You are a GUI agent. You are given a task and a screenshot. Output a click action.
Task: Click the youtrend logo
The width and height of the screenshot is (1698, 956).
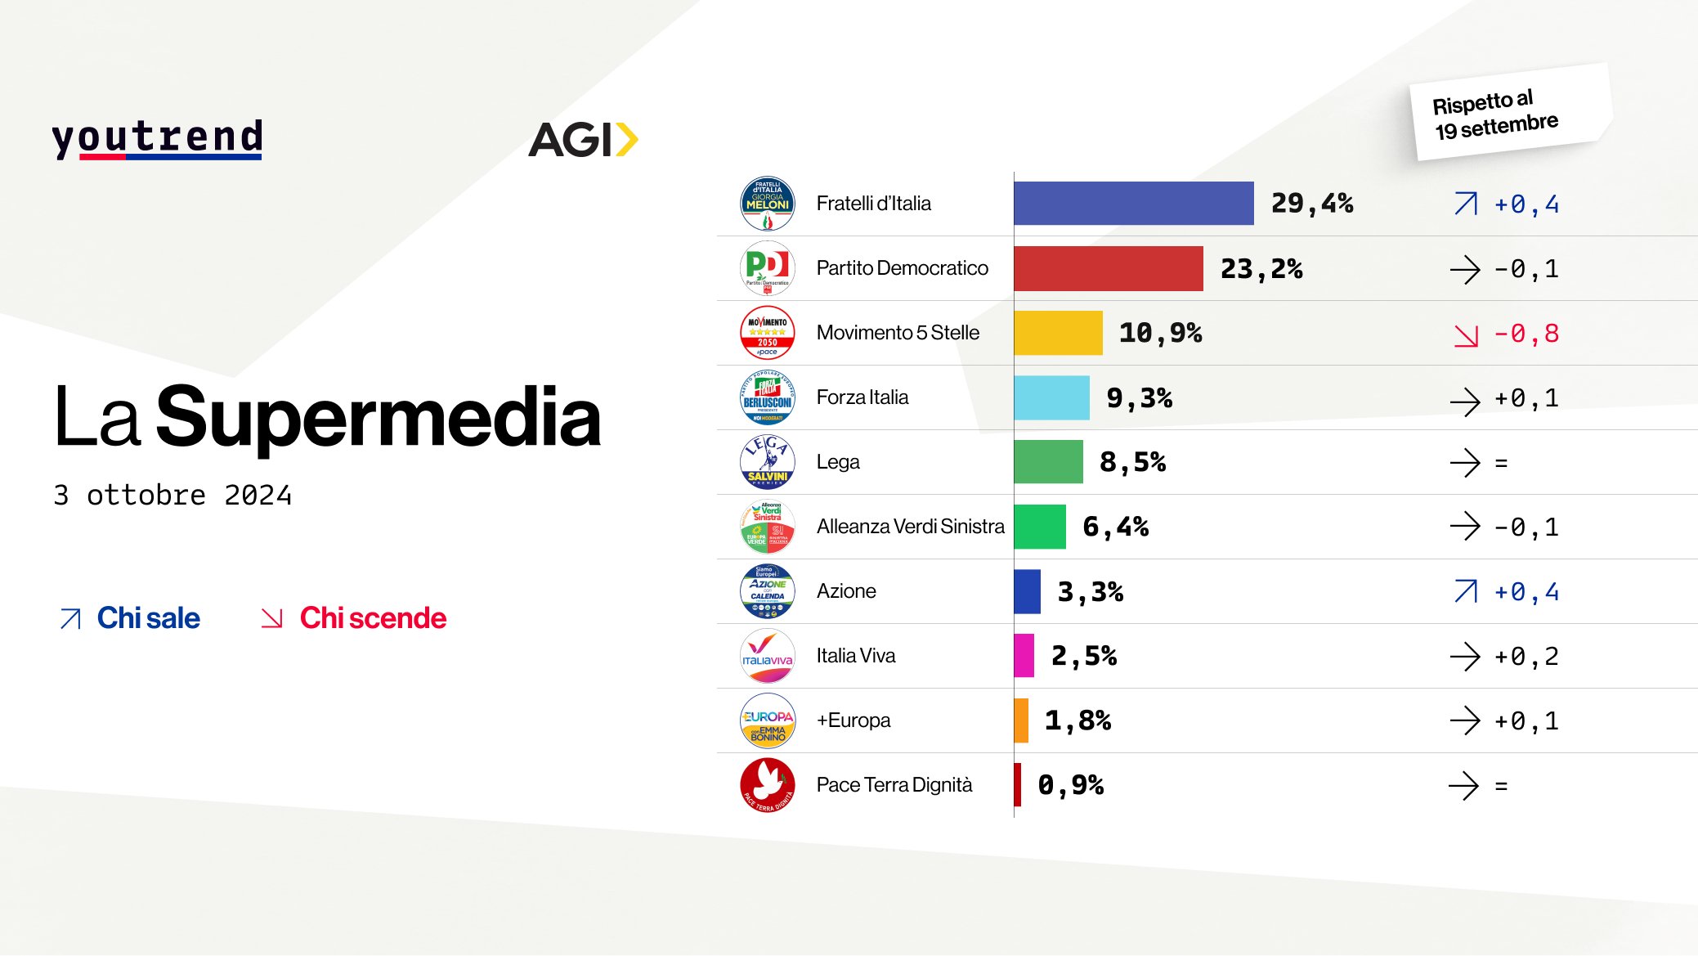pyautogui.click(x=157, y=138)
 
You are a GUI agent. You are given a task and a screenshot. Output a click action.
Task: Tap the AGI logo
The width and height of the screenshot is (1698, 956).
pyautogui.click(x=583, y=140)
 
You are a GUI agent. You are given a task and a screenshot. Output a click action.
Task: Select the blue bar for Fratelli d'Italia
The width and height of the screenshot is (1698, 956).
pyautogui.click(x=1133, y=204)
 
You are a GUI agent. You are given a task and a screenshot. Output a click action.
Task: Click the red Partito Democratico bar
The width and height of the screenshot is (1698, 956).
pyautogui.click(x=1108, y=268)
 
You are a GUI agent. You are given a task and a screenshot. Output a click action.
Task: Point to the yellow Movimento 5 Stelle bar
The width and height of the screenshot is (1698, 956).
pyautogui.click(x=1058, y=333)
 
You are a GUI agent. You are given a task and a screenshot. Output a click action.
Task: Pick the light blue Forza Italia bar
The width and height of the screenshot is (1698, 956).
pyautogui.click(x=1051, y=397)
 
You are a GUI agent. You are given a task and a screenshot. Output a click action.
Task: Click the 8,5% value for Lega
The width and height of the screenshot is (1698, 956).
pyautogui.click(x=1132, y=462)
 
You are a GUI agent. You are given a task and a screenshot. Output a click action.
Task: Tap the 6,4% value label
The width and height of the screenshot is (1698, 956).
pyautogui.click(x=1115, y=527)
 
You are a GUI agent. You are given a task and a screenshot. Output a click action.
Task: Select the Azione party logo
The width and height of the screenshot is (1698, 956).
pyautogui.click(x=767, y=591)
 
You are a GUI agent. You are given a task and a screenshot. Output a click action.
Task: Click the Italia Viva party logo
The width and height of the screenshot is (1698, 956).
pyautogui.click(x=767, y=656)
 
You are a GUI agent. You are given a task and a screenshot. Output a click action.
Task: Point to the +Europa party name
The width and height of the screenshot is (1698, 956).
pyautogui.click(x=853, y=720)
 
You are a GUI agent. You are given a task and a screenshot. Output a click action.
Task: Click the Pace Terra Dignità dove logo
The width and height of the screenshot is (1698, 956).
pyautogui.click(x=767, y=785)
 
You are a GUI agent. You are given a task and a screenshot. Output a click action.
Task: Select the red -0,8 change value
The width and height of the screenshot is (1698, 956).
pyautogui.click(x=1526, y=334)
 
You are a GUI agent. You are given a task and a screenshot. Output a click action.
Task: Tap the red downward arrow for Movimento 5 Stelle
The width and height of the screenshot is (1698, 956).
pyautogui.click(x=1466, y=335)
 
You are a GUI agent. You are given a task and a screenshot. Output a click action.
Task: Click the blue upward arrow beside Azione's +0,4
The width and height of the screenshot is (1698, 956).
pyautogui.click(x=1466, y=591)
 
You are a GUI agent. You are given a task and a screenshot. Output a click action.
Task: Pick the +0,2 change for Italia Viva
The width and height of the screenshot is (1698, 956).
pyautogui.click(x=1526, y=657)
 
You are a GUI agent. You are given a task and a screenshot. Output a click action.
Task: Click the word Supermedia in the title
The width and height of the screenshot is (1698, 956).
pyautogui.click(x=378, y=418)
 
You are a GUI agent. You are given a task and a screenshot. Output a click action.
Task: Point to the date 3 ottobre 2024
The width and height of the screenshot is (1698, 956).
pyautogui.click(x=172, y=496)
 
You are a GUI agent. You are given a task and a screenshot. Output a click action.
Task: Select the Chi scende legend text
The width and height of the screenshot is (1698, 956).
pyautogui.click(x=373, y=618)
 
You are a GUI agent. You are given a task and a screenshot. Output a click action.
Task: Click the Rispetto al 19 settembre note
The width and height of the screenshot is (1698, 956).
pyautogui.click(x=1495, y=114)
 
